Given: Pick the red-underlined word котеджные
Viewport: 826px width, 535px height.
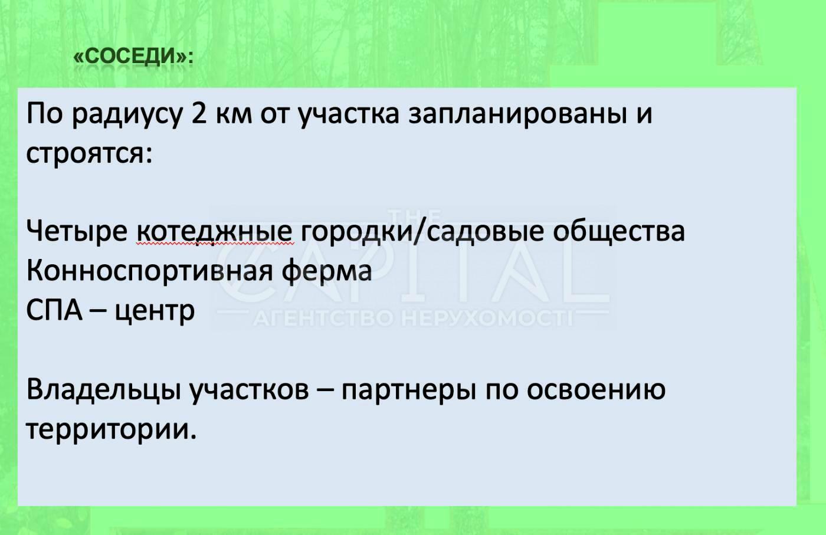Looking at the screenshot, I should coord(214,231).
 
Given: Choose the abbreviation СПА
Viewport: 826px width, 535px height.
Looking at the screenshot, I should coord(54,310).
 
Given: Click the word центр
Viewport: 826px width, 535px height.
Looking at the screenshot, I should coord(154,311).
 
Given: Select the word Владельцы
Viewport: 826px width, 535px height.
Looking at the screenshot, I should coord(103,390).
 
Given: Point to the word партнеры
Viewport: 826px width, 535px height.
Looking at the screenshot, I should coord(408,390).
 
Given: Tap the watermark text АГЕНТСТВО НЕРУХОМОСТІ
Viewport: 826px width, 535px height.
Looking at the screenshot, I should coord(413,320).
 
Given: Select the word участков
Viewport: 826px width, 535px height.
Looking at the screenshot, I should coord(250,390).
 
